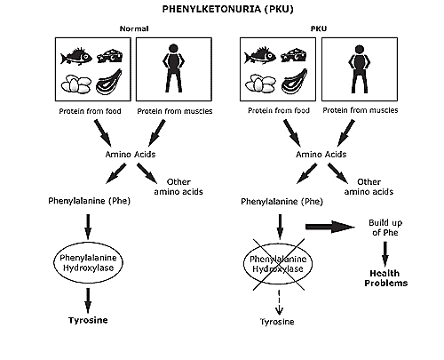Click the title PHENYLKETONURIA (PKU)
(x=227, y=9)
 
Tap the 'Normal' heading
(x=134, y=28)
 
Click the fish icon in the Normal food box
(x=76, y=56)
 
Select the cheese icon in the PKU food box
(x=293, y=55)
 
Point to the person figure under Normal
(x=173, y=68)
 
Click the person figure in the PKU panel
(x=360, y=69)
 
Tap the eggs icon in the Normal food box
(x=76, y=84)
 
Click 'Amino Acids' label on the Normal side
(x=131, y=155)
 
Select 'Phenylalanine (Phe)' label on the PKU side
(x=281, y=202)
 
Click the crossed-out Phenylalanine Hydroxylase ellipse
(x=278, y=263)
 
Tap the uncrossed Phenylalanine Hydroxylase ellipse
(x=88, y=262)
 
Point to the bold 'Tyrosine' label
(x=88, y=320)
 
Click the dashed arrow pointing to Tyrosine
(x=279, y=301)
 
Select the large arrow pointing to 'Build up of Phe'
(x=330, y=227)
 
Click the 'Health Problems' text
(x=385, y=278)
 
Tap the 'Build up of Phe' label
(x=385, y=228)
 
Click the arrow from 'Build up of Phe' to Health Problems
(x=385, y=254)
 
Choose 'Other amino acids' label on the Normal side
(x=178, y=187)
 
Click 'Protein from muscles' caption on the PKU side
(x=361, y=110)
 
